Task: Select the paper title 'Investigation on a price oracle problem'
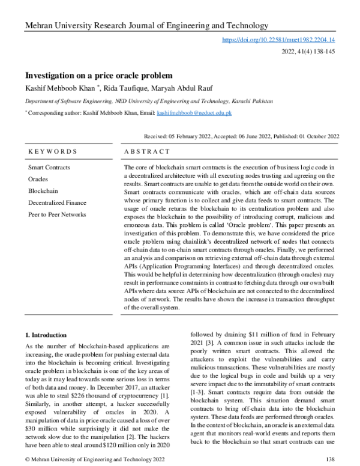pos(98,76)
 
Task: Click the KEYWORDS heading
pos(53,152)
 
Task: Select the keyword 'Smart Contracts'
pos(49,167)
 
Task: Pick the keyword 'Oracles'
pos(38,179)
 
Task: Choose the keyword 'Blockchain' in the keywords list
pos(43,190)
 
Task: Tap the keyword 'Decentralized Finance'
pos(57,202)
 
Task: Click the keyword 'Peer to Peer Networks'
pos(57,214)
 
